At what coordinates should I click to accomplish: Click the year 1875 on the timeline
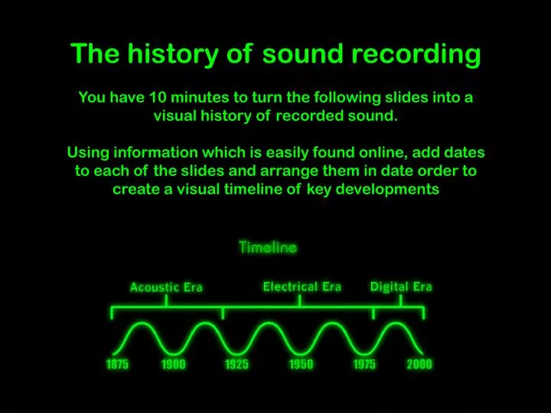click(x=117, y=364)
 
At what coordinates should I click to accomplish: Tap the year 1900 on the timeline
click(x=174, y=364)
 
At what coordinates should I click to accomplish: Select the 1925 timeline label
click(x=236, y=364)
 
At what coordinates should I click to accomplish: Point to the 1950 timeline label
click(x=301, y=364)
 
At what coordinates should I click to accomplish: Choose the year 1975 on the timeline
click(x=364, y=364)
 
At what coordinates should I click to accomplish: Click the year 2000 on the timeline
click(x=419, y=364)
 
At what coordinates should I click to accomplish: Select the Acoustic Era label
click(x=166, y=288)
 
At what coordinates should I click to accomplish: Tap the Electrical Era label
click(x=302, y=287)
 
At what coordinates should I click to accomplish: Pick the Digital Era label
click(x=401, y=287)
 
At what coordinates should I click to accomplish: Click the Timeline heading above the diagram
click(x=268, y=247)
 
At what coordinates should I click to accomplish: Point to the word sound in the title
click(x=303, y=54)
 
